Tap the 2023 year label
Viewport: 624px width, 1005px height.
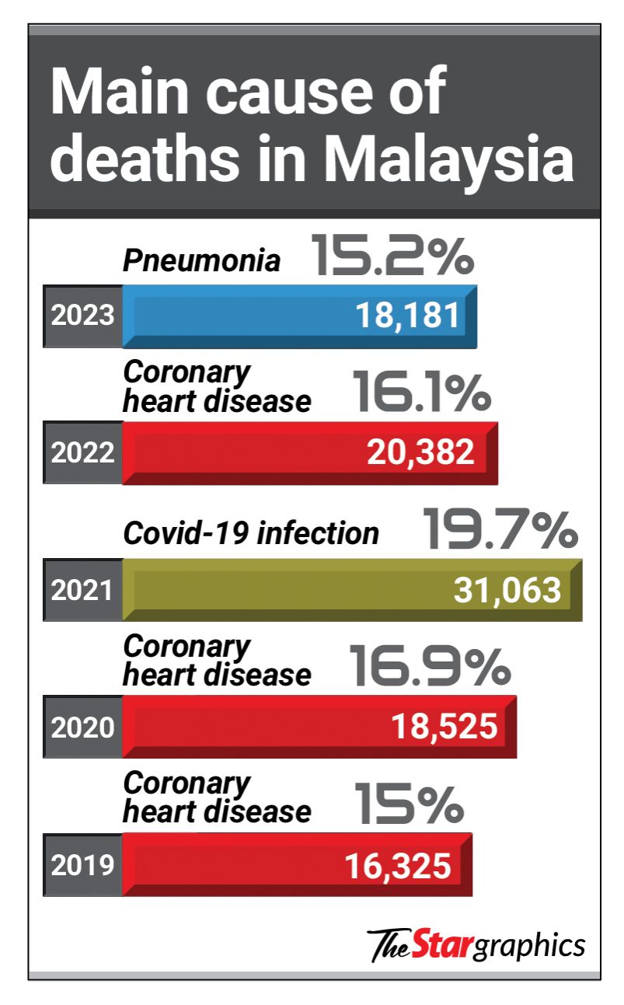[x=83, y=316]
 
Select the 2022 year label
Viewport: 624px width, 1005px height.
[x=83, y=453]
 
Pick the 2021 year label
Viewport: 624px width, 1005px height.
[x=83, y=591]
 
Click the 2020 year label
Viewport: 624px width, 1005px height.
[x=83, y=728]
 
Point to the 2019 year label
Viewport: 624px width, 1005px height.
[x=83, y=864]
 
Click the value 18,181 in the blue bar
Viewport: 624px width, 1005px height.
[x=408, y=316]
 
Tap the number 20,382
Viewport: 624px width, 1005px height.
[x=420, y=453]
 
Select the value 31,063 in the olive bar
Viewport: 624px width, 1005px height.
[x=507, y=591]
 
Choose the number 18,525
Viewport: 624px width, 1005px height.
[x=443, y=728]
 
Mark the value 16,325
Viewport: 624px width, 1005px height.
[x=397, y=864]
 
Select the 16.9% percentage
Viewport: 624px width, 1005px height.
[x=430, y=666]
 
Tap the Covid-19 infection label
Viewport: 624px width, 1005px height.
[x=251, y=534]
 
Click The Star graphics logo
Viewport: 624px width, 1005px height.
[x=476, y=944]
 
